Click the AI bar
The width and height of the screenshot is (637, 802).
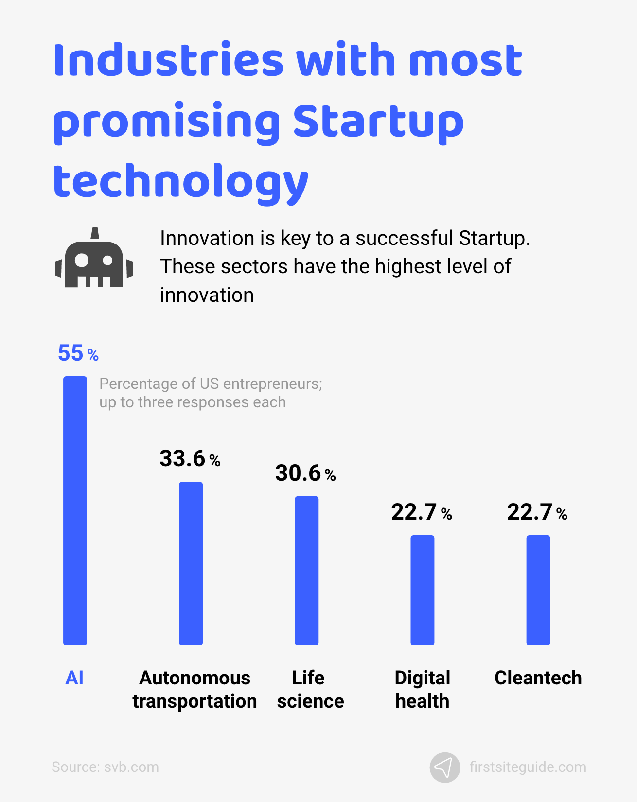click(75, 510)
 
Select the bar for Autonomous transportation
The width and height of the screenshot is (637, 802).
click(191, 563)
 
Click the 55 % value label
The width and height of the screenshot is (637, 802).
click(78, 353)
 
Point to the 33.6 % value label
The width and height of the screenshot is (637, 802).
click(190, 459)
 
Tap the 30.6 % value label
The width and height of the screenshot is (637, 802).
click(305, 473)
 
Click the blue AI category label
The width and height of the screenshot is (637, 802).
click(74, 678)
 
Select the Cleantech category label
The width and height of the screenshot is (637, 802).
click(538, 678)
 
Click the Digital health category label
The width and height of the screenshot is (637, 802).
click(422, 689)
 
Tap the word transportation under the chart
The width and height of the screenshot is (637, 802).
click(195, 701)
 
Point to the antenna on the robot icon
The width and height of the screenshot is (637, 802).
click(95, 233)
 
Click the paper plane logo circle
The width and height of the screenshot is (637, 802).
click(444, 767)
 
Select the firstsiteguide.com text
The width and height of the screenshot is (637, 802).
click(528, 767)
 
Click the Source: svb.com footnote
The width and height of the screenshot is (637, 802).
click(105, 767)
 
